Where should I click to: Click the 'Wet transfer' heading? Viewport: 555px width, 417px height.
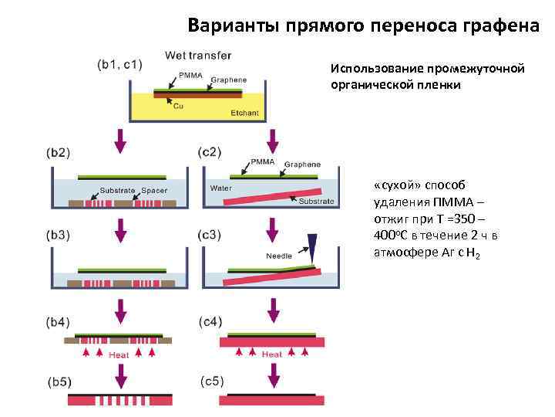(x=198, y=55)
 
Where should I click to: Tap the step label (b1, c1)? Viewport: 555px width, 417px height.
(x=119, y=64)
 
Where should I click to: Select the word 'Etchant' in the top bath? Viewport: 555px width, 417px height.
(x=245, y=114)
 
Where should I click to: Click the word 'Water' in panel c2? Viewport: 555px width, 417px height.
(x=222, y=188)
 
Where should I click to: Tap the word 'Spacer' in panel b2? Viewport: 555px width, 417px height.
(x=155, y=188)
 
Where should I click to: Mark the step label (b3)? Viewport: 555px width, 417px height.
(x=60, y=234)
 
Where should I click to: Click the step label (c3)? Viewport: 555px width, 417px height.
(x=210, y=234)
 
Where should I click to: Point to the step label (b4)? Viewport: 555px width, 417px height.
(x=60, y=320)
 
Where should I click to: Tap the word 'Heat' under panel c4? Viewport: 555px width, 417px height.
(x=272, y=354)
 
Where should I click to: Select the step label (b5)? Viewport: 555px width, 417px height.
(x=60, y=381)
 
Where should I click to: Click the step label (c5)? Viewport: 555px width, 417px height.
(x=212, y=381)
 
